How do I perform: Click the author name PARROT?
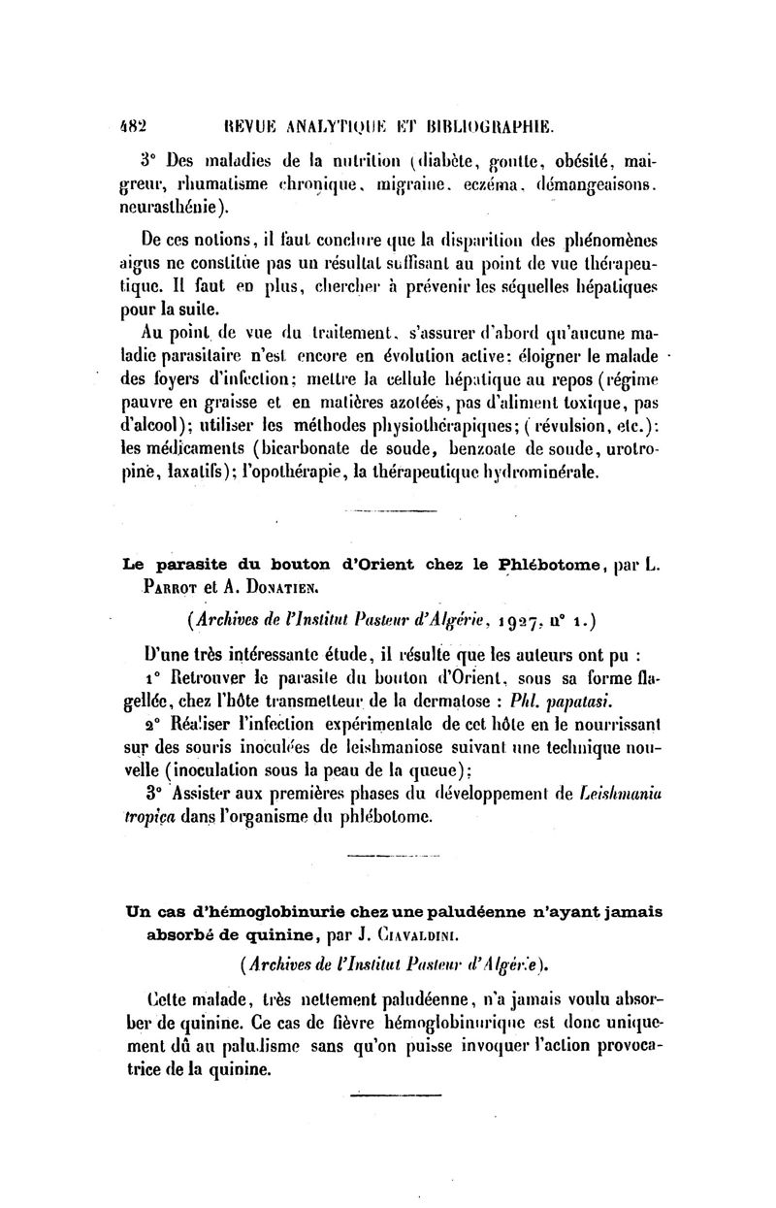(173, 586)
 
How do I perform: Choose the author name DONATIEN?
(275, 586)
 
